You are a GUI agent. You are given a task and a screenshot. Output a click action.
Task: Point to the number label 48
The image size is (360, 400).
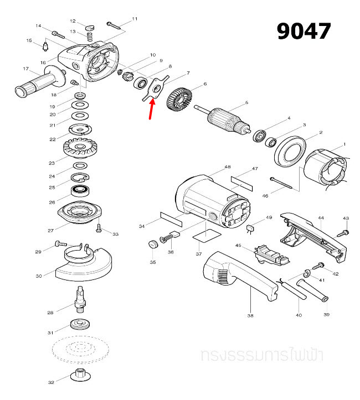(228, 167)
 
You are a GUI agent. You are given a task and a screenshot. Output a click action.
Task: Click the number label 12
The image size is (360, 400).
(72, 21)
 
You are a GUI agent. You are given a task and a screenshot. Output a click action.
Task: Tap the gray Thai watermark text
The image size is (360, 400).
(263, 355)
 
